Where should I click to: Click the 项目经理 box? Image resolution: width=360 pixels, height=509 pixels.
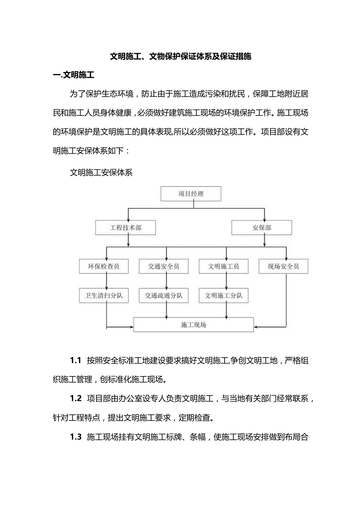(x=191, y=194)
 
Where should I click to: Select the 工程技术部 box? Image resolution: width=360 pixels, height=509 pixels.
(x=126, y=227)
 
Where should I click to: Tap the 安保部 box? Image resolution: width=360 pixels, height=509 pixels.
(x=261, y=227)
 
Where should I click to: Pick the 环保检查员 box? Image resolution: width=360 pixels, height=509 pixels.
(x=104, y=266)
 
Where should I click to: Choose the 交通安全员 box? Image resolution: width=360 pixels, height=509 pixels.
(x=164, y=266)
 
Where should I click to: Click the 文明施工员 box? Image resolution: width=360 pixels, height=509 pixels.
(x=223, y=266)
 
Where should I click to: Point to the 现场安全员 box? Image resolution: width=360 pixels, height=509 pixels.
(x=283, y=266)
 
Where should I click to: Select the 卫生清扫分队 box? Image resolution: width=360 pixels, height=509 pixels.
(x=104, y=295)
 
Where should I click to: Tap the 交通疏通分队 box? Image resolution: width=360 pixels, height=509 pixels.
(x=164, y=295)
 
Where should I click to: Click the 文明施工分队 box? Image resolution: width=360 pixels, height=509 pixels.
(x=223, y=295)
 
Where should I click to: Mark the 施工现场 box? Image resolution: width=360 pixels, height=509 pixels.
(x=194, y=324)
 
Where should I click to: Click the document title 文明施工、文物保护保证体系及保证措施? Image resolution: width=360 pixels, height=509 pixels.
(x=180, y=56)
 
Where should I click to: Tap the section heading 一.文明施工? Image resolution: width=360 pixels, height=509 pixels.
(x=74, y=75)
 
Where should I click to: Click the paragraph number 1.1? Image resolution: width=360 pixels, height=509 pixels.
(x=75, y=360)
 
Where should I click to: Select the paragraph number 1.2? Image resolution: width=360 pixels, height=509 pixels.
(x=76, y=398)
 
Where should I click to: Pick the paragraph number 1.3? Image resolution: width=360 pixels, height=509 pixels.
(x=76, y=437)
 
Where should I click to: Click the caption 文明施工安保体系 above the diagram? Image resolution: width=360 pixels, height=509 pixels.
(x=101, y=173)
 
